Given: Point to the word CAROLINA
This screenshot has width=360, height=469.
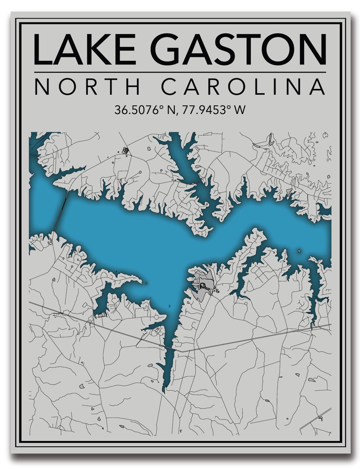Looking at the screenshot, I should [x=243, y=87].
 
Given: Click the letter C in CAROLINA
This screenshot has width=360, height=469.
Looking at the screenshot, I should [x=170, y=87].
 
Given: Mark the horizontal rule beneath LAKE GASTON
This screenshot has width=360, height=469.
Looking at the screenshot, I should [x=180, y=72].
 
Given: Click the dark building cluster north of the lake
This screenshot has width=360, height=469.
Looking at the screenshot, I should [x=125, y=150].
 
